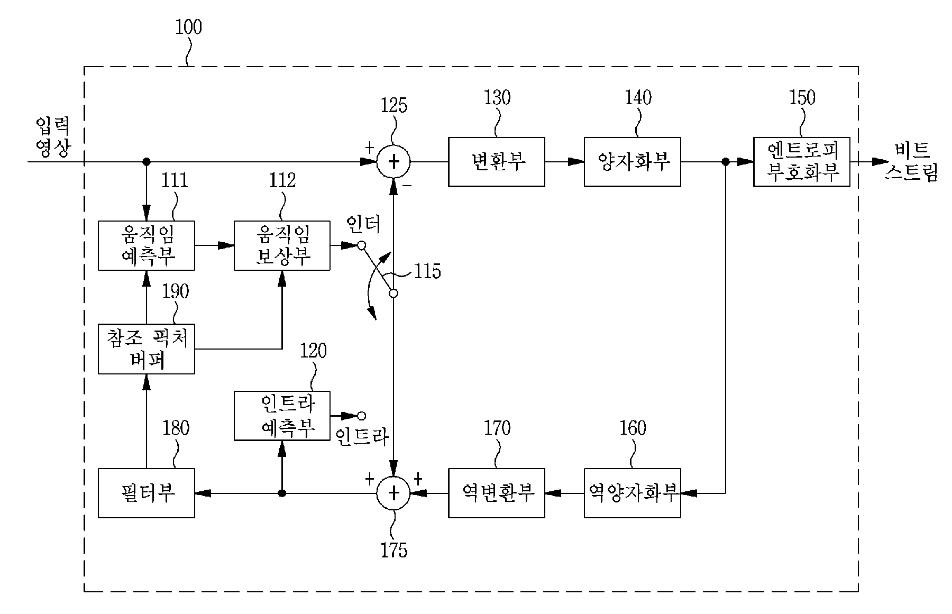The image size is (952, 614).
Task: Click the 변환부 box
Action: (x=496, y=162)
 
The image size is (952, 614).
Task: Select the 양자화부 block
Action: (x=632, y=162)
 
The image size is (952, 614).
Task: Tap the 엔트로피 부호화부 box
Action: (x=801, y=162)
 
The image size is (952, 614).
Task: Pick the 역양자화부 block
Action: (x=632, y=493)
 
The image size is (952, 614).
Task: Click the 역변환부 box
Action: (x=496, y=493)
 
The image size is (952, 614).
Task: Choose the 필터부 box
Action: (x=147, y=493)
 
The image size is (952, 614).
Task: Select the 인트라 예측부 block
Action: (x=282, y=416)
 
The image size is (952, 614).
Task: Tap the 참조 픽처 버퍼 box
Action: (x=147, y=349)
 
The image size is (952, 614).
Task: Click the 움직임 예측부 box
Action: (x=147, y=246)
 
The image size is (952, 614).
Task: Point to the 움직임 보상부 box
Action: (x=282, y=246)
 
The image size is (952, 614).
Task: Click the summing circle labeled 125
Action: (x=393, y=162)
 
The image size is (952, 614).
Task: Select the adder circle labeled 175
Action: (x=393, y=493)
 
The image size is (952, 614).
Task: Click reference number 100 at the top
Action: (x=188, y=27)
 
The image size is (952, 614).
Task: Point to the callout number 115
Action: (x=427, y=272)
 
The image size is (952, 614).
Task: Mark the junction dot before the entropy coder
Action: (x=726, y=162)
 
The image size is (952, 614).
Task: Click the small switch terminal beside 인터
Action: (x=361, y=245)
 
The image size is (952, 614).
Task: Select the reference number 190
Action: (x=175, y=292)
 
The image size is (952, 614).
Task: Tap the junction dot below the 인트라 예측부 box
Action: (x=282, y=493)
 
